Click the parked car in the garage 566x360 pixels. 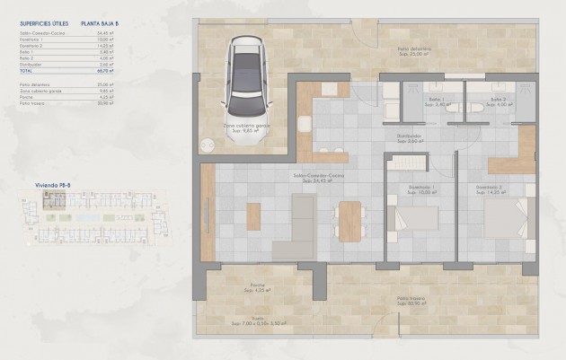pos(243,75)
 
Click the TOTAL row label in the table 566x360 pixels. pos(26,71)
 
